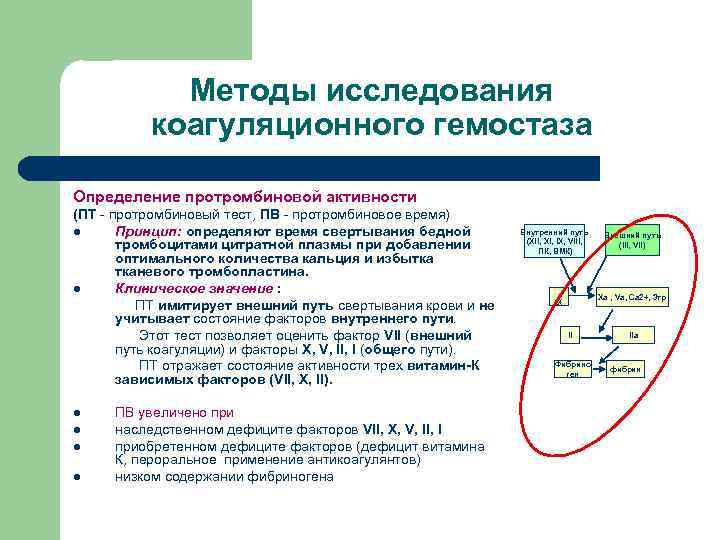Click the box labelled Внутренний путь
[x=554, y=241]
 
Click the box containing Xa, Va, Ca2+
[x=632, y=297]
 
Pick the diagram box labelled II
[x=570, y=334]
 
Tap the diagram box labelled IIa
[x=632, y=334]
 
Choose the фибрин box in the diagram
[x=626, y=370]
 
